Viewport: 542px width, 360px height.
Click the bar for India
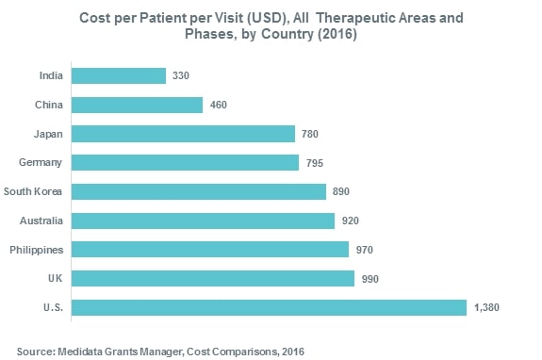(119, 75)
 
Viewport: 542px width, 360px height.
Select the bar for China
(137, 105)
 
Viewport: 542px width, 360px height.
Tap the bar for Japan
(183, 134)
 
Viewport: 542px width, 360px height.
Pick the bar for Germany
(185, 163)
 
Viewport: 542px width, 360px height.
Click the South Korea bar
(198, 191)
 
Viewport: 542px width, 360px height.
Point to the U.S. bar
(269, 307)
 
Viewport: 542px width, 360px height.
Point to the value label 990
(370, 279)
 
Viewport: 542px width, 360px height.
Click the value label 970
(366, 250)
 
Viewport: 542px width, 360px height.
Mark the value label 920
(351, 221)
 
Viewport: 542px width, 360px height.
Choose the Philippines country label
(37, 250)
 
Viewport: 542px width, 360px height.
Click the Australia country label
(42, 221)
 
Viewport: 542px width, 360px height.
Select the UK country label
(56, 279)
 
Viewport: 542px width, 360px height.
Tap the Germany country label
(41, 163)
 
